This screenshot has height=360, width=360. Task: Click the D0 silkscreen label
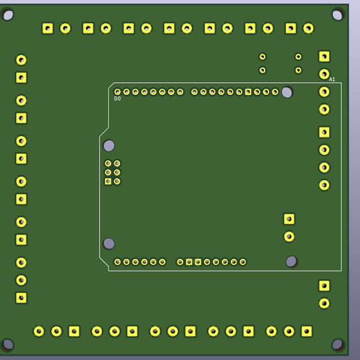click(x=117, y=99)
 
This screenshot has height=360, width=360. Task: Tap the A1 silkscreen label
click(x=332, y=80)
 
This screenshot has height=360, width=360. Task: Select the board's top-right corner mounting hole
click(x=338, y=15)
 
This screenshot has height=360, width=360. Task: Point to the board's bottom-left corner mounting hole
click(x=8, y=344)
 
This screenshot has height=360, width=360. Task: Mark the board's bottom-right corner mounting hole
click(x=338, y=344)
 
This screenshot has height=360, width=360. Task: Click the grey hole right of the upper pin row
click(x=287, y=92)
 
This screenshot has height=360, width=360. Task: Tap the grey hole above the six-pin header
click(x=109, y=146)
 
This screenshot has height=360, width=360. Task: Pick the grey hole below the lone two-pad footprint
click(x=291, y=262)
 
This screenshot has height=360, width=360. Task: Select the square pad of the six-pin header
click(x=108, y=181)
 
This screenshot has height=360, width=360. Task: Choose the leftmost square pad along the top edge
click(x=47, y=29)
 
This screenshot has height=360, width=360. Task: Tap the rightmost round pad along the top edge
click(x=308, y=29)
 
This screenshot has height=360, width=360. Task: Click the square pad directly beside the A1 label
click(x=324, y=57)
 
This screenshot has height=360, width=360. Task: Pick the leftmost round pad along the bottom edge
click(x=39, y=331)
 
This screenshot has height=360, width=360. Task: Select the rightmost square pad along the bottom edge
click(x=307, y=331)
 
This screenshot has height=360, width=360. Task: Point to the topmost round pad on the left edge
click(x=22, y=60)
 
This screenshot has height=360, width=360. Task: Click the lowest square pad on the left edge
click(x=22, y=298)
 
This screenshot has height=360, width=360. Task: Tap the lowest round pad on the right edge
click(x=324, y=303)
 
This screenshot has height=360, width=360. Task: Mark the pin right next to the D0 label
click(x=117, y=92)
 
